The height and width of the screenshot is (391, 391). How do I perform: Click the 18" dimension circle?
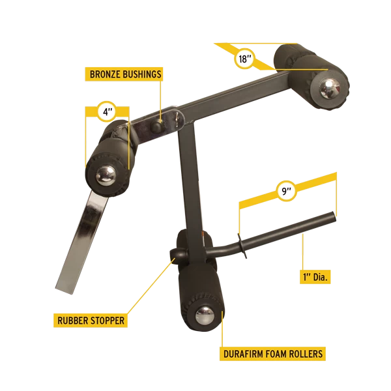(x=244, y=59)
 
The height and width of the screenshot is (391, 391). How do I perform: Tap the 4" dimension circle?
(x=107, y=111)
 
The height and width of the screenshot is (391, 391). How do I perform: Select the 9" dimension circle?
(x=286, y=191)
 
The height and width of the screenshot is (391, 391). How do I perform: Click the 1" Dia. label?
(x=315, y=277)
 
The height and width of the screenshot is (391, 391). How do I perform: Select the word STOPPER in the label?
(x=108, y=321)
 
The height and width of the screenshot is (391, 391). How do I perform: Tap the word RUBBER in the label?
(x=73, y=321)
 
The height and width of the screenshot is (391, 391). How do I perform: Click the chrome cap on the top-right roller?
(x=330, y=89)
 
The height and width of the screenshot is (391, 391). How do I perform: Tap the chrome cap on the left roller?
(x=106, y=176)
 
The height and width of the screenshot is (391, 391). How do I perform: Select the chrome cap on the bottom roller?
(x=205, y=315)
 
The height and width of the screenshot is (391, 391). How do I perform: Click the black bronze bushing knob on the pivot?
(x=156, y=126)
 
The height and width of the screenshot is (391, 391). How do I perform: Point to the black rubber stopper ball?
(x=177, y=254)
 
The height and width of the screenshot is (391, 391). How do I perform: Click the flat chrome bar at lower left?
(x=81, y=241)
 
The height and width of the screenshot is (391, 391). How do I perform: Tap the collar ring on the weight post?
(x=242, y=246)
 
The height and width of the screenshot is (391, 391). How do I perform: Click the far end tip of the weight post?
(x=334, y=216)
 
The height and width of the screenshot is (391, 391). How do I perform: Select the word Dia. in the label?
(x=320, y=277)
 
